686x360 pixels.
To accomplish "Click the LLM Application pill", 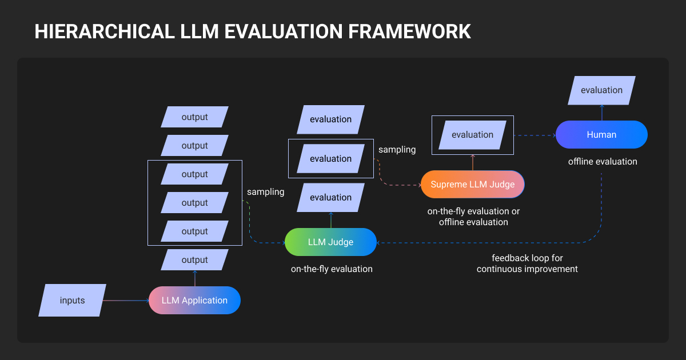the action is (194, 301).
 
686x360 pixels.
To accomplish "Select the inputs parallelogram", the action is (72, 301).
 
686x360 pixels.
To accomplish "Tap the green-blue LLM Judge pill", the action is (331, 242).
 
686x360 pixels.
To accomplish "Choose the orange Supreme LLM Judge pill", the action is (473, 184).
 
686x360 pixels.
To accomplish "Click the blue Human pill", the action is (601, 135).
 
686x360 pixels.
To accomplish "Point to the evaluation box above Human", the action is (601, 90).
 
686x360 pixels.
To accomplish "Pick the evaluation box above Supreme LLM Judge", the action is (473, 135).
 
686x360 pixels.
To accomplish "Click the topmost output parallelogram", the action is (194, 117).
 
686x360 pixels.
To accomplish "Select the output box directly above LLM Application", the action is (194, 260).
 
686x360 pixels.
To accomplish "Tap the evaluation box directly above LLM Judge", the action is (331, 198).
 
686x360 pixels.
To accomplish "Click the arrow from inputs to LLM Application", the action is (126, 301).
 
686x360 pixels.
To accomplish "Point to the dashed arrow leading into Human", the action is (535, 135).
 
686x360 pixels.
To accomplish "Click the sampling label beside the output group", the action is (265, 192).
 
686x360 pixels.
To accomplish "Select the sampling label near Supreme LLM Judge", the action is (397, 150).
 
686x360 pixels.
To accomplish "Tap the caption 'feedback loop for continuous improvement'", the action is (527, 263).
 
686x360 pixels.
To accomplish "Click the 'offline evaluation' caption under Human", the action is (603, 162).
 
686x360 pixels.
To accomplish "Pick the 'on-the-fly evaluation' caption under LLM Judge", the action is (332, 269).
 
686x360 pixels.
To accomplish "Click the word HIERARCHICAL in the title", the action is (105, 31).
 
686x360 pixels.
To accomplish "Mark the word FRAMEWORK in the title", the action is (409, 31).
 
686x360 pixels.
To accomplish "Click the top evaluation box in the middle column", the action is (331, 119).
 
